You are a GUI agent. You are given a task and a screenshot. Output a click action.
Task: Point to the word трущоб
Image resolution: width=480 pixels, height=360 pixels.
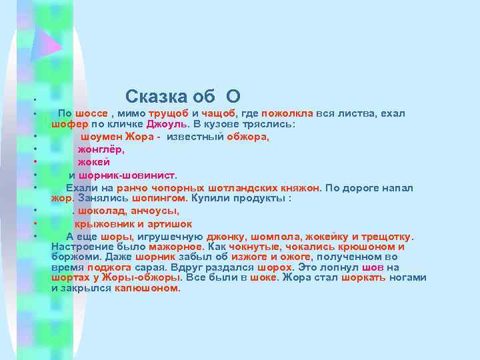coord(169,114)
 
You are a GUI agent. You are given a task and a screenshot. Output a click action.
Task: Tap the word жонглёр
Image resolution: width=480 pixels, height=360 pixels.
coord(101,150)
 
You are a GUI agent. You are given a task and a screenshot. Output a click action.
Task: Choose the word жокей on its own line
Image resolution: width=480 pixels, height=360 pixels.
coord(93,162)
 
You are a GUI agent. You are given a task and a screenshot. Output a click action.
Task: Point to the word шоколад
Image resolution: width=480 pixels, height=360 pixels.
coord(101,211)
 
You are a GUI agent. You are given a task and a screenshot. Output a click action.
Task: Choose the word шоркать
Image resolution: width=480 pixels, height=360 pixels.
coord(364,278)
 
